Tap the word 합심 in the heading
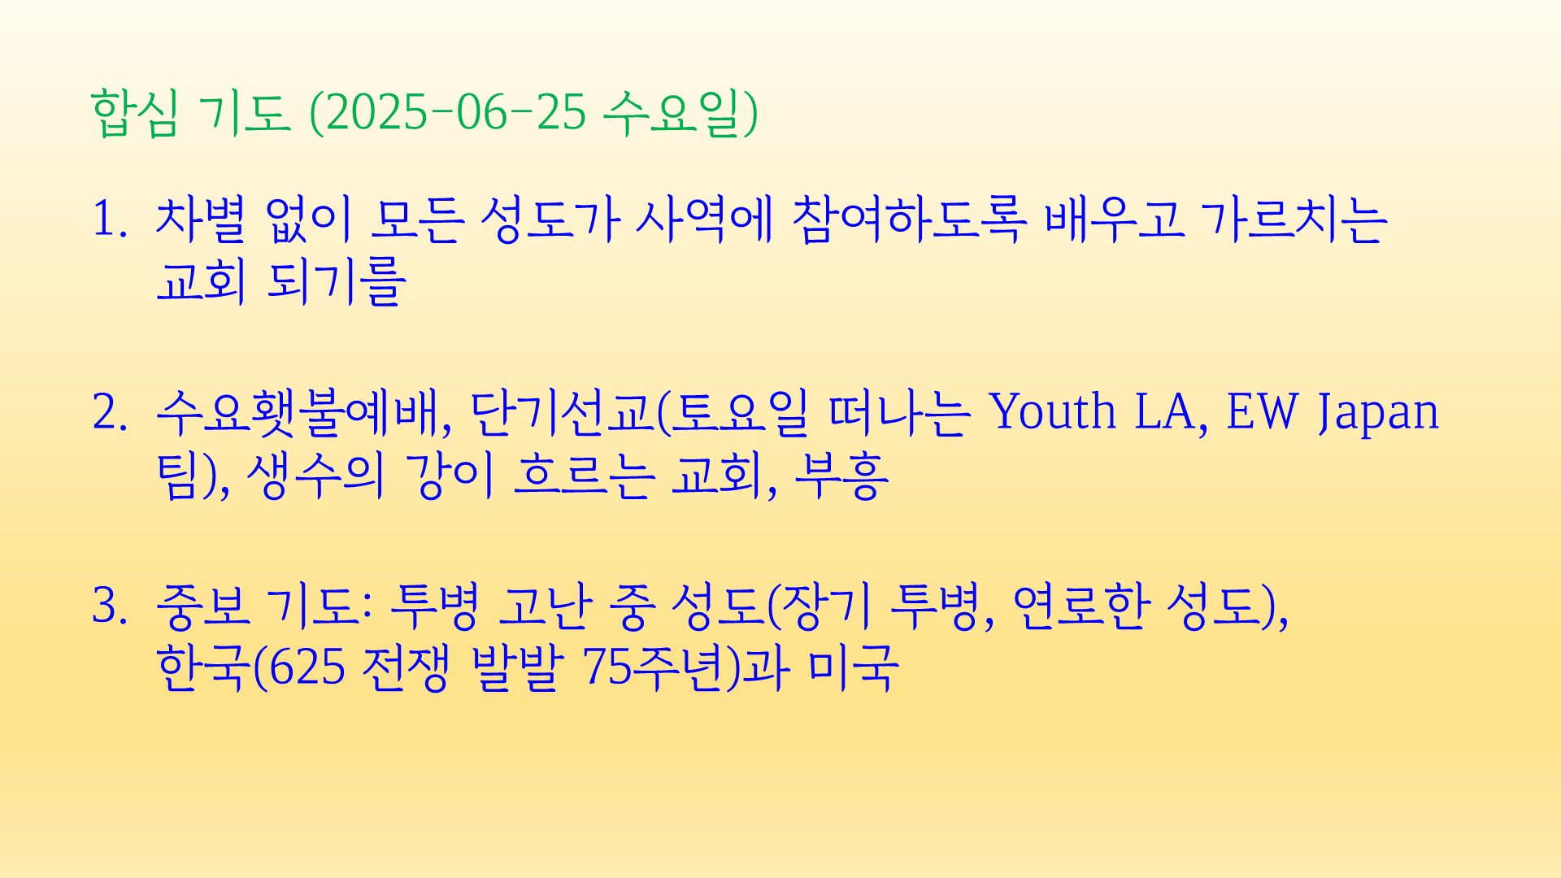point(134,112)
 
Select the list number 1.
point(110,219)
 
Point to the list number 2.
point(110,411)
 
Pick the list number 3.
point(110,606)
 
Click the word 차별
point(200,219)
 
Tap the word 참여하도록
point(909,219)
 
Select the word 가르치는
point(1293,219)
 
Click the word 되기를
point(336,282)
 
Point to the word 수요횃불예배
point(298,411)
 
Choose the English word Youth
point(1052,411)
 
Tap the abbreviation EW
point(1262,411)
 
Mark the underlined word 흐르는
point(584,475)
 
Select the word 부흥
point(841,475)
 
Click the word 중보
point(202,606)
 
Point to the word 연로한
point(1081,606)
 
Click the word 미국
point(853,668)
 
